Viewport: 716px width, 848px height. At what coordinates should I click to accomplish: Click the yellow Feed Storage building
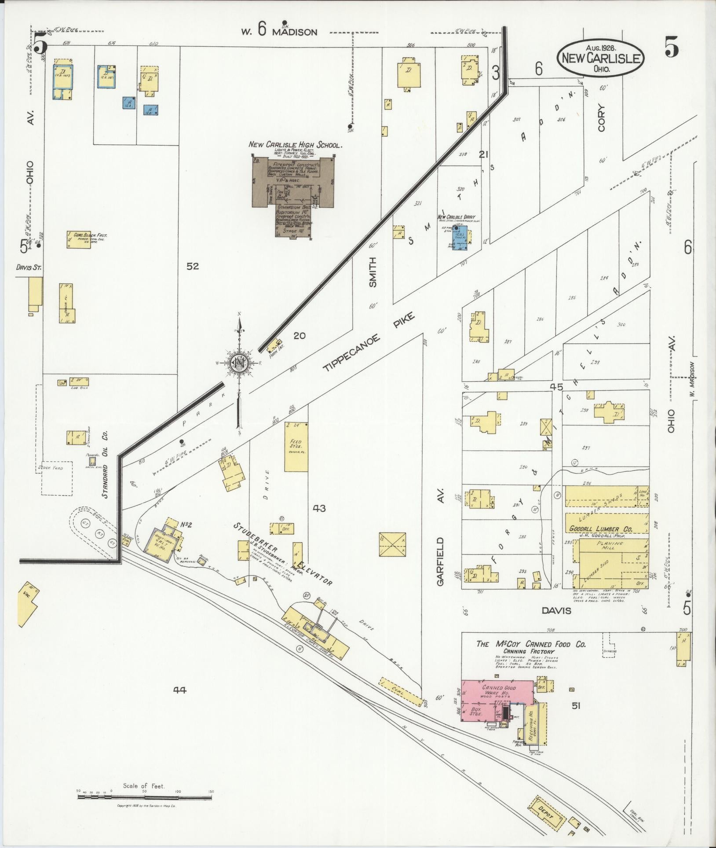click(x=296, y=446)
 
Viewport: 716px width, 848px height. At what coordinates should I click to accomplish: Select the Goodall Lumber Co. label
click(x=600, y=529)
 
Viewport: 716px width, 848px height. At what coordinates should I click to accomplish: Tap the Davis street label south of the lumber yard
click(x=556, y=610)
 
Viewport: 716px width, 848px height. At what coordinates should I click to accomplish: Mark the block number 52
click(x=192, y=266)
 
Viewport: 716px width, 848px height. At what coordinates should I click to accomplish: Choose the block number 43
click(x=319, y=509)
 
